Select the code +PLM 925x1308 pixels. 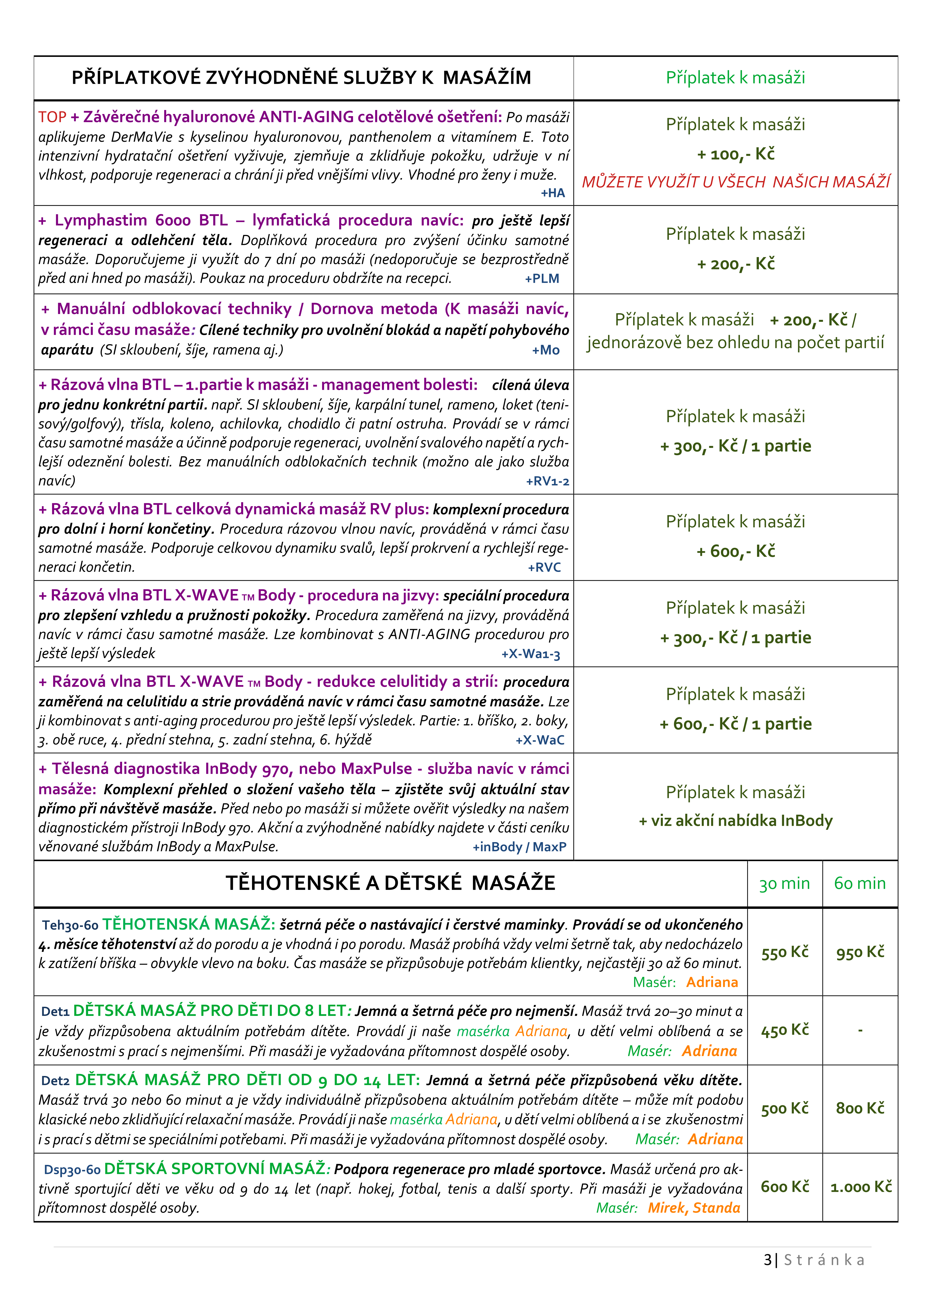pyautogui.click(x=542, y=278)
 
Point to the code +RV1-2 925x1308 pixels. pyautogui.click(x=547, y=481)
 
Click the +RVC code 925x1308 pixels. pyautogui.click(x=544, y=567)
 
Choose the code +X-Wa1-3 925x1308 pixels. pyautogui.click(x=531, y=654)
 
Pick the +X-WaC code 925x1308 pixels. pyautogui.click(x=540, y=740)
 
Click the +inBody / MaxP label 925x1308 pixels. pyautogui.click(x=519, y=847)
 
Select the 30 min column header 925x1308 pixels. pyautogui.click(x=784, y=883)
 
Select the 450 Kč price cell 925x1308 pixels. pyautogui.click(x=785, y=1030)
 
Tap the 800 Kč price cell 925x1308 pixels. pyautogui.click(x=860, y=1108)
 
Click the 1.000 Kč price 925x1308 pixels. pyautogui.click(x=861, y=1187)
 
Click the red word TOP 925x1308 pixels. pyautogui.click(x=52, y=117)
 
